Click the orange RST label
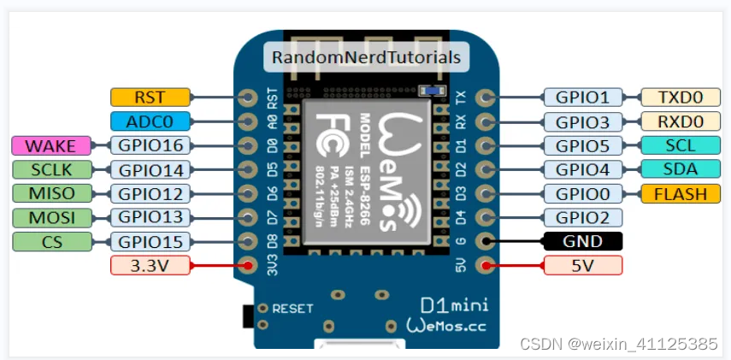(x=150, y=97)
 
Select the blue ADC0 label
(x=150, y=121)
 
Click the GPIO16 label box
(x=150, y=146)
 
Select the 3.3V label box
(x=150, y=266)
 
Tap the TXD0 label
(x=675, y=97)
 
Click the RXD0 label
(x=675, y=121)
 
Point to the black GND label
(x=582, y=241)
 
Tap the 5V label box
(x=582, y=265)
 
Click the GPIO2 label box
(x=582, y=217)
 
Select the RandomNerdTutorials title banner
(x=366, y=57)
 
